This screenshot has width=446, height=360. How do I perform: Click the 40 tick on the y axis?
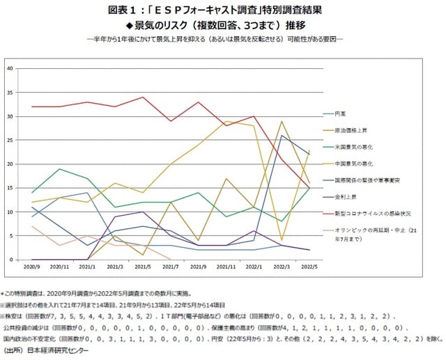[x=10, y=68]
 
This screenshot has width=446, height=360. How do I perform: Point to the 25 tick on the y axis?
[x=10, y=140]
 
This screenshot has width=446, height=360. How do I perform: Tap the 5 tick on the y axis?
[x=11, y=235]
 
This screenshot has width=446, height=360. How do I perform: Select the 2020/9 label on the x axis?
[x=32, y=267]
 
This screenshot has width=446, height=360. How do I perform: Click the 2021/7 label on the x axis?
[x=171, y=267]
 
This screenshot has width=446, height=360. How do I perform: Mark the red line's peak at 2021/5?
[x=144, y=97]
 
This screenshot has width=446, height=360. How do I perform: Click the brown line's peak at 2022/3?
[x=281, y=121]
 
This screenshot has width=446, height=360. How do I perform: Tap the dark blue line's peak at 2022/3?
[x=281, y=135]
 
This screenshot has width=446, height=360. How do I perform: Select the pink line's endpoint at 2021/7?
[x=171, y=259]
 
